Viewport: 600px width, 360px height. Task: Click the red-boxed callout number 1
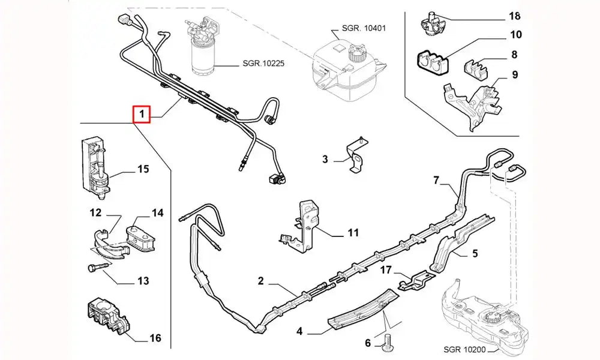[142, 113]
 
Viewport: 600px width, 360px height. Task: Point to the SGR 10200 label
[467, 349]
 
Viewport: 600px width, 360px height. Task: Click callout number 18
[515, 16]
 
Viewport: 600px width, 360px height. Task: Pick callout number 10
[515, 35]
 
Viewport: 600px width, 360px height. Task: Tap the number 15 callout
[143, 169]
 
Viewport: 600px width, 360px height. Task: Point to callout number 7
[437, 180]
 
